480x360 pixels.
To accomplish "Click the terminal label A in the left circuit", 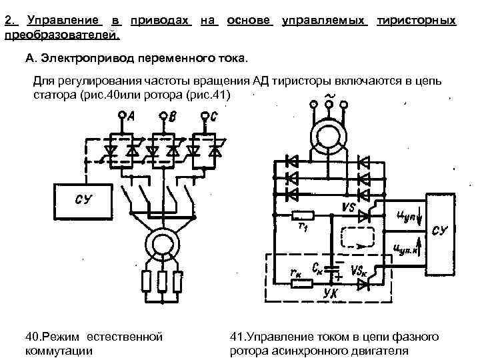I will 131,117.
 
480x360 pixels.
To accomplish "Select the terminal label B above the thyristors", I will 173,119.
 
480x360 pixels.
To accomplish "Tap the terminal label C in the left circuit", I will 213,117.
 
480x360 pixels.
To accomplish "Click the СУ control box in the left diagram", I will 83,200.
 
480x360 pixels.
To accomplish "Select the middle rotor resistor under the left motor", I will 161,282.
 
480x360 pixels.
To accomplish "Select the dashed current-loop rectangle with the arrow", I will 361,237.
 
